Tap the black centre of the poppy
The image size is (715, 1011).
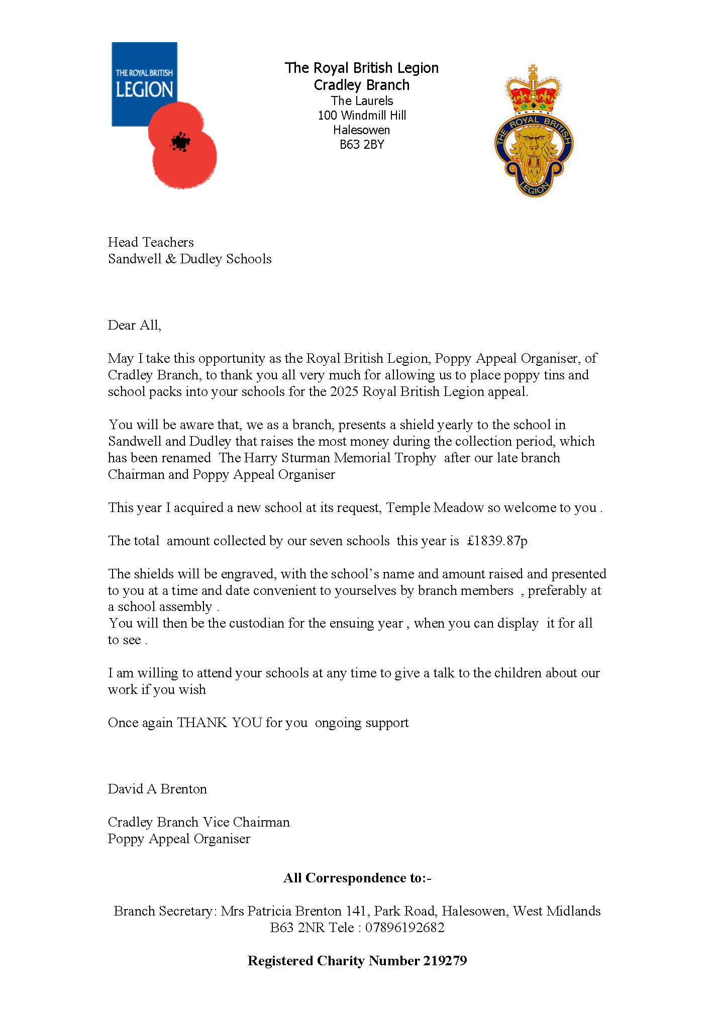click(x=180, y=142)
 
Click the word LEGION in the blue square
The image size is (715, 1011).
click(x=144, y=89)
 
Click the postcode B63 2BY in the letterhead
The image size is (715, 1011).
click(x=362, y=145)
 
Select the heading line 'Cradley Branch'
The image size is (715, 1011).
click(x=362, y=85)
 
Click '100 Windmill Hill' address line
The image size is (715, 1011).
click(x=362, y=116)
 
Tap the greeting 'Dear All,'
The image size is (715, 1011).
click(x=134, y=325)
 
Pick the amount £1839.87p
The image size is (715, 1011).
click(x=497, y=541)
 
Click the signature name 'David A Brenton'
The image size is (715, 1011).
click(x=157, y=789)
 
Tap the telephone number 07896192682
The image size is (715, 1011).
click(x=404, y=928)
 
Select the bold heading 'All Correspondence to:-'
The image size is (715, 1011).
click(x=357, y=878)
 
